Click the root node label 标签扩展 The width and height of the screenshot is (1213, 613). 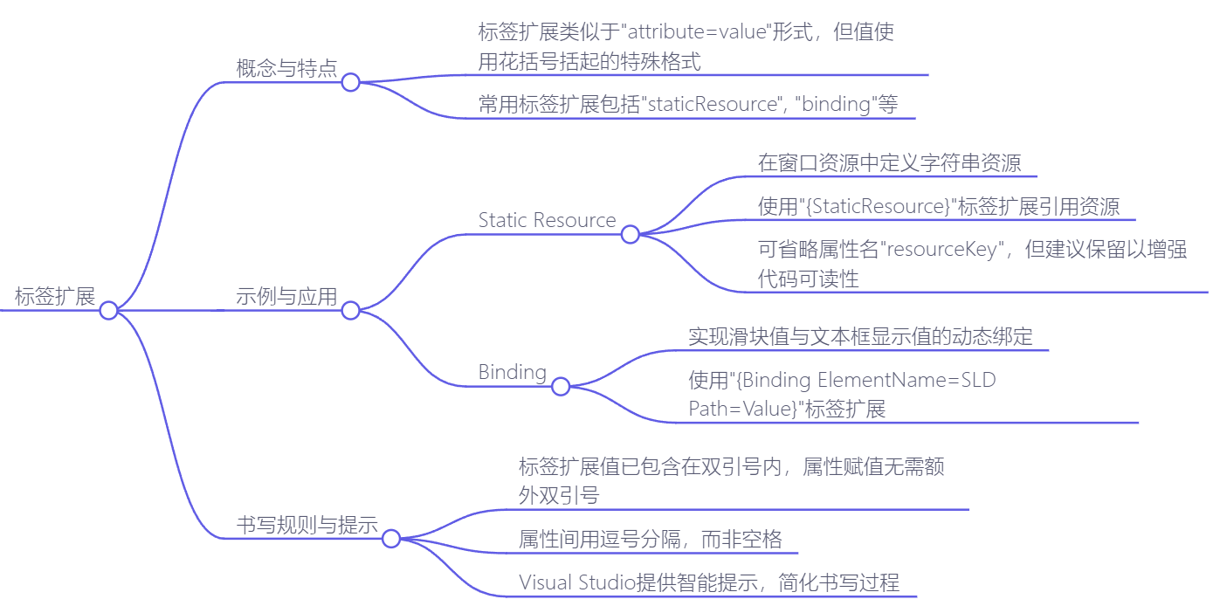pyautogui.click(x=55, y=296)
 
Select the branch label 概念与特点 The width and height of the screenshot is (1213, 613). pyautogui.click(x=286, y=69)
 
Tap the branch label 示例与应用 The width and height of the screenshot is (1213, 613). pyautogui.click(x=286, y=296)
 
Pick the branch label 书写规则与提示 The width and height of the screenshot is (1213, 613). pyautogui.click(x=307, y=525)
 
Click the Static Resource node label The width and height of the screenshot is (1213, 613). pyautogui.click(x=547, y=220)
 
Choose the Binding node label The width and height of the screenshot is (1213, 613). pyautogui.click(x=512, y=372)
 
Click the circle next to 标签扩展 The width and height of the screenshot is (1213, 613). pyautogui.click(x=108, y=310)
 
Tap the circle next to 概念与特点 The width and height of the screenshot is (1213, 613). pyautogui.click(x=350, y=82)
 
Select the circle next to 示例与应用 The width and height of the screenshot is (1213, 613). pyautogui.click(x=350, y=310)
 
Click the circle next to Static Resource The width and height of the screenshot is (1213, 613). pyautogui.click(x=630, y=234)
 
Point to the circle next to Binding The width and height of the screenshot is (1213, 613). pyautogui.click(x=561, y=386)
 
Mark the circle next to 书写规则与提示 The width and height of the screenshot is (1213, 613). pyautogui.click(x=391, y=539)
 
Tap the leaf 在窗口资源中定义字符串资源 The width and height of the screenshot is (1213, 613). pyautogui.click(x=889, y=163)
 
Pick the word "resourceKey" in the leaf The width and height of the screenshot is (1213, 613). pyautogui.click(x=942, y=250)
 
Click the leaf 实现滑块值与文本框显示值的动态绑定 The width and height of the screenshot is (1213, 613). pyautogui.click(x=860, y=337)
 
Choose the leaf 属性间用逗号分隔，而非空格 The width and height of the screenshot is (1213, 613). pyautogui.click(x=650, y=540)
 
